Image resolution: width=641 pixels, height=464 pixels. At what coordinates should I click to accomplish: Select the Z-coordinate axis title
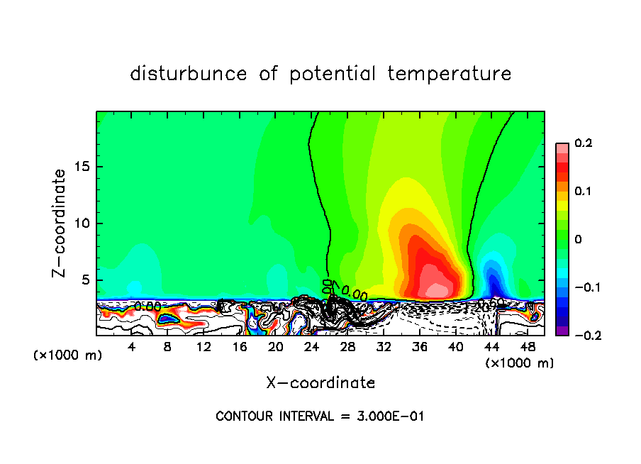(62, 223)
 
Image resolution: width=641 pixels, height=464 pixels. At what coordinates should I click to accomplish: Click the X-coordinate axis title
(320, 383)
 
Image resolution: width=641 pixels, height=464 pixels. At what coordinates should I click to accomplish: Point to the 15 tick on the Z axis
(84, 167)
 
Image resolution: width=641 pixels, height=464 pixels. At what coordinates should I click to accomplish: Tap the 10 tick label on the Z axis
(84, 223)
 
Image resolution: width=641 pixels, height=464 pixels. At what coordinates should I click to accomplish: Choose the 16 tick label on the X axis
(240, 347)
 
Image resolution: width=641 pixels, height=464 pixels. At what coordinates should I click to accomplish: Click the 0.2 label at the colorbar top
(583, 143)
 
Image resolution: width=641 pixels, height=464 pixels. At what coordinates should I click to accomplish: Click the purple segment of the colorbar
(562, 331)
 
